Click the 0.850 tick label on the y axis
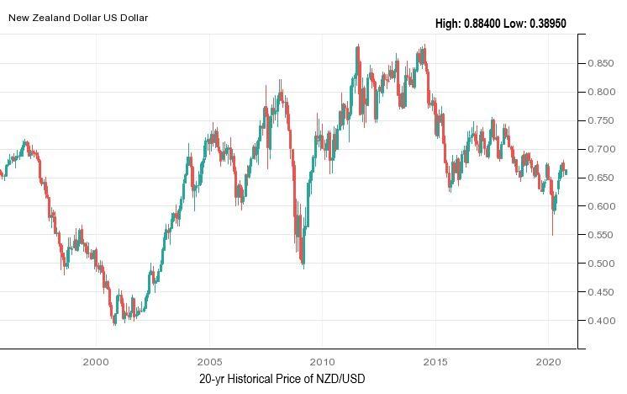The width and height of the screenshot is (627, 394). [x=601, y=63]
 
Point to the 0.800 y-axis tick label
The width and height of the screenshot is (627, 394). [x=601, y=92]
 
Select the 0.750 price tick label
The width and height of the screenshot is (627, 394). [x=601, y=120]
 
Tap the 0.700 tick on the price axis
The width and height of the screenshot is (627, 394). [x=601, y=149]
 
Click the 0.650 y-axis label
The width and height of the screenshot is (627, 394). [x=601, y=178]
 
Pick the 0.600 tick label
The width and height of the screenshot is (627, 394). [x=601, y=206]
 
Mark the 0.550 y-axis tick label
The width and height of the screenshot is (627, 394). [x=601, y=235]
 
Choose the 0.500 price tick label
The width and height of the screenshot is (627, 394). [x=601, y=264]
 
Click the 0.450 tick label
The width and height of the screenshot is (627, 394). [x=601, y=292]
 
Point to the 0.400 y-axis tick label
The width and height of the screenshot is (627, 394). [x=601, y=321]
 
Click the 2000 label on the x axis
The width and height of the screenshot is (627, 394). [x=96, y=361]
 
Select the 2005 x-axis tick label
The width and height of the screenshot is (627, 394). [x=209, y=361]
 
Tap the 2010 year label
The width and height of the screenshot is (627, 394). [x=322, y=361]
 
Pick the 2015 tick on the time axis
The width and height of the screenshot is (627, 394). [x=435, y=361]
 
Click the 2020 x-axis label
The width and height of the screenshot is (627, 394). [x=548, y=361]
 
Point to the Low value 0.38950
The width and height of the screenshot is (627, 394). [x=546, y=24]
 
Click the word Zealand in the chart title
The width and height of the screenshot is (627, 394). [x=55, y=17]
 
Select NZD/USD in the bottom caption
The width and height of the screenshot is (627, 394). [x=340, y=379]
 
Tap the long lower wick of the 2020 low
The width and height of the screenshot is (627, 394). [x=552, y=226]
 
